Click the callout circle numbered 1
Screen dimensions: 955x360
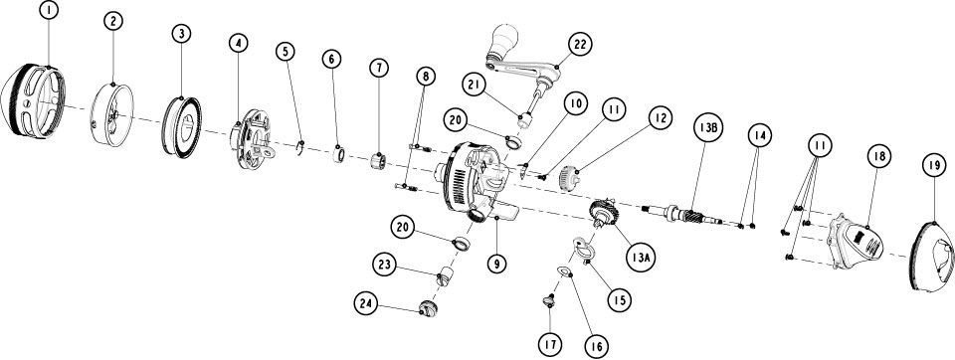coord(48,10)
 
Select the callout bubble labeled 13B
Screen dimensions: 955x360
coord(707,127)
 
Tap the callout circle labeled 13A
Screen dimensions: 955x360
coord(640,257)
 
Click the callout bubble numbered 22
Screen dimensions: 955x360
coord(580,44)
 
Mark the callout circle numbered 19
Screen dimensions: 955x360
coord(934,164)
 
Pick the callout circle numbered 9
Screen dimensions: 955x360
coord(497,264)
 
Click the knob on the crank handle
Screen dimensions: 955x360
coord(504,40)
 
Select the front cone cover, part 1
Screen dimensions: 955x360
coord(33,101)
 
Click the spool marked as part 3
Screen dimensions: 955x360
coord(181,126)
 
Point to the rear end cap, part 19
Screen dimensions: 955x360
coord(931,257)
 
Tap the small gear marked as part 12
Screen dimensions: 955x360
coord(568,179)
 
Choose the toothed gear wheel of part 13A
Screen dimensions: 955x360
coord(605,213)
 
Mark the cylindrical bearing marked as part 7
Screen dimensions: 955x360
coord(379,162)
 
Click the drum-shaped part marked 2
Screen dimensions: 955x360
coord(111,115)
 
